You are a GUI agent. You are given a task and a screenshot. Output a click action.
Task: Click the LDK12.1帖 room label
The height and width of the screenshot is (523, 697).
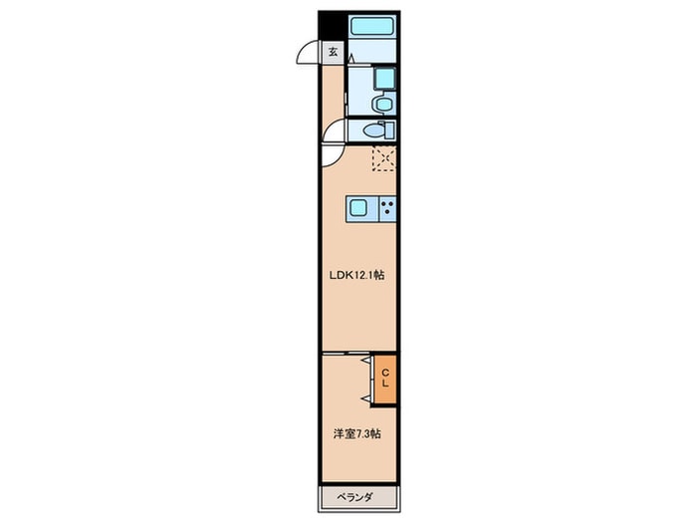pyautogui.click(x=356, y=275)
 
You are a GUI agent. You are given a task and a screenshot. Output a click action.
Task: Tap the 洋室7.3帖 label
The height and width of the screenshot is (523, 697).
pyautogui.click(x=356, y=433)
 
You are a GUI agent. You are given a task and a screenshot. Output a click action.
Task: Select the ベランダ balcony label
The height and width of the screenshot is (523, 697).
pyautogui.click(x=353, y=497)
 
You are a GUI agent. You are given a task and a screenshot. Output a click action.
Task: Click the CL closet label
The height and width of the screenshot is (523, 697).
pyautogui.click(x=385, y=378)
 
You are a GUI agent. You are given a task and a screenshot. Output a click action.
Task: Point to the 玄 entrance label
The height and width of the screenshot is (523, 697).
pyautogui.click(x=333, y=52)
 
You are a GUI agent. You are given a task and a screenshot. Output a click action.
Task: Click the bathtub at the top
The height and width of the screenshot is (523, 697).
pyautogui.click(x=372, y=26)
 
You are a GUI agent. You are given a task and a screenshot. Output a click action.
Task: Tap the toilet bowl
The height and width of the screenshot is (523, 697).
pyautogui.click(x=372, y=131)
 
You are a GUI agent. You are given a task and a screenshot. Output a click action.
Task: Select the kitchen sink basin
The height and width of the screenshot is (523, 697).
pyautogui.click(x=358, y=208)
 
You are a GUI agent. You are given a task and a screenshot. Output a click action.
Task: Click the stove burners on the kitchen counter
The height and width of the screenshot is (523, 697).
pyautogui.click(x=387, y=208)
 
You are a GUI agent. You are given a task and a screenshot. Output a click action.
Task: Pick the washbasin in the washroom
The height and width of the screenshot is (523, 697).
pyautogui.click(x=382, y=105)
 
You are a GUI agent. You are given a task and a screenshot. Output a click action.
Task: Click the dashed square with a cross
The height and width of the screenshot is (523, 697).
pyautogui.click(x=383, y=158)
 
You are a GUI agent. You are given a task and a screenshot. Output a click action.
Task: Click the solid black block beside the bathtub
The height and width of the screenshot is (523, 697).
pyautogui.click(x=333, y=26)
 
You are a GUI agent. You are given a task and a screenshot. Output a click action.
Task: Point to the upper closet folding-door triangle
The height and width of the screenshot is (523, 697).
pyautogui.click(x=366, y=360)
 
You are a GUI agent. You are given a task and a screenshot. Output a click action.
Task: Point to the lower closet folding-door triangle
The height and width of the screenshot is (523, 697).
pyautogui.click(x=366, y=398)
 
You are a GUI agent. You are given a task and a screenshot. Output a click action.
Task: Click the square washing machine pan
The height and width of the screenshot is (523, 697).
pyautogui.click(x=384, y=79)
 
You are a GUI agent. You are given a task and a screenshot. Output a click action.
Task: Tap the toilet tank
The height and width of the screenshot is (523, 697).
pyautogui.click(x=389, y=131)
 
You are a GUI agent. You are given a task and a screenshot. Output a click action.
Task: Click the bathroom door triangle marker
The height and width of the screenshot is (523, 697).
pyautogui.click(x=351, y=59)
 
